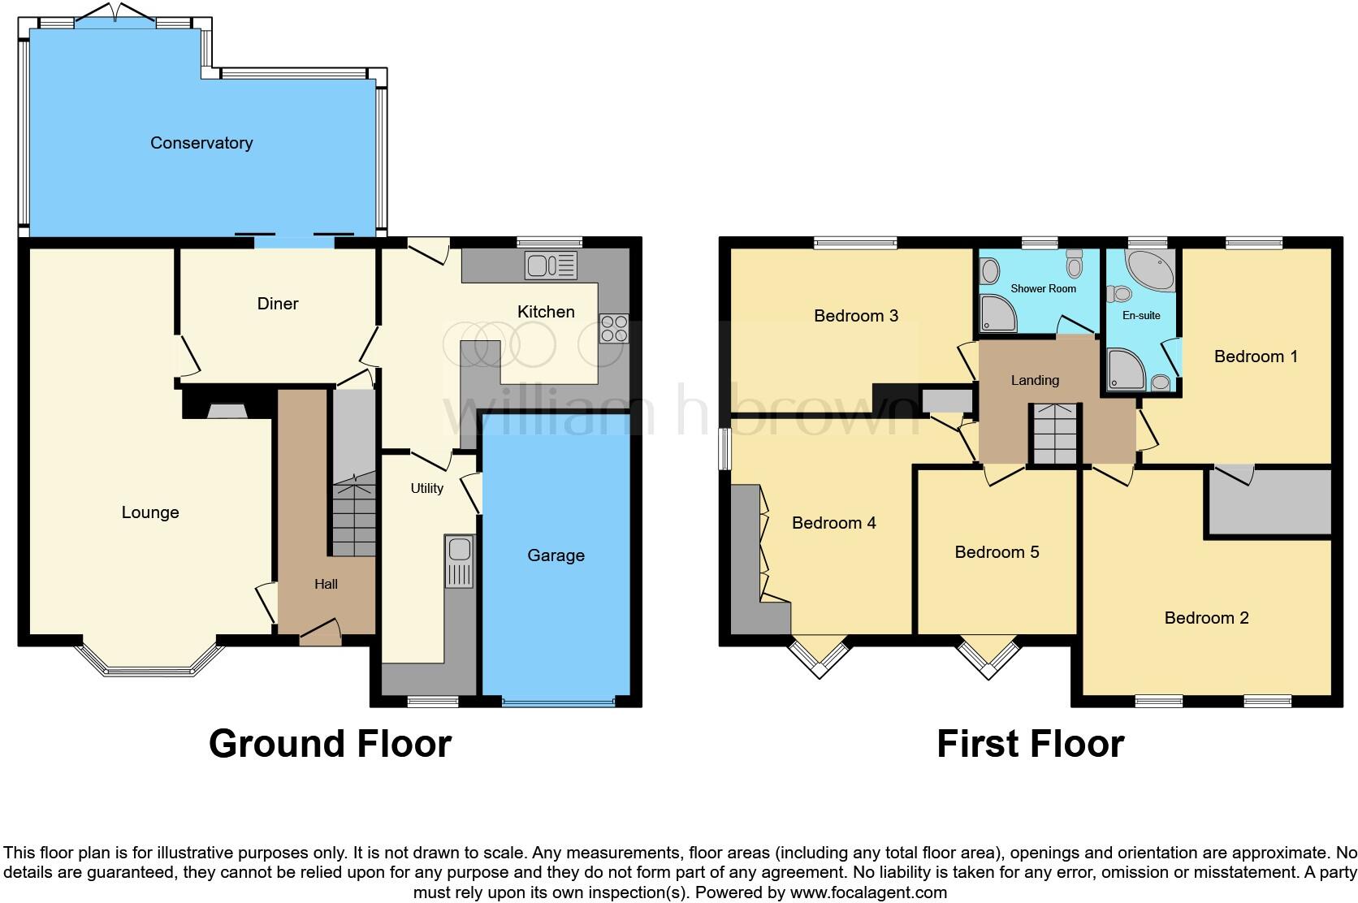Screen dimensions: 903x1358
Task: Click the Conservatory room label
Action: click(201, 143)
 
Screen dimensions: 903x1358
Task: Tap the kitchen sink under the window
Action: click(550, 265)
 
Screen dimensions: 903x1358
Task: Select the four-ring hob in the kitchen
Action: click(614, 328)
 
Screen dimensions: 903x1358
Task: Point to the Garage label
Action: click(556, 555)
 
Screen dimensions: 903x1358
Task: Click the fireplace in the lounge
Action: click(227, 412)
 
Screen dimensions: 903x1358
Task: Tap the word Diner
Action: click(278, 304)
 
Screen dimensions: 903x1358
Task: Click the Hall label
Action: click(326, 584)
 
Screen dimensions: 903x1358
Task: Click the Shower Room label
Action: click(1043, 288)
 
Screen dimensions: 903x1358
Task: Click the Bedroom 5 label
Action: click(997, 552)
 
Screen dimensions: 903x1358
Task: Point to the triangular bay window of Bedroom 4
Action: click(819, 656)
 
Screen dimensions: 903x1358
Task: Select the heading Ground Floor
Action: click(330, 744)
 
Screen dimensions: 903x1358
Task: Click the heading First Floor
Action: click(1030, 744)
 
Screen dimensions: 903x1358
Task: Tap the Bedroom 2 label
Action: click(1206, 618)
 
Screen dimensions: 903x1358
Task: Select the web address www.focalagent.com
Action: click(868, 892)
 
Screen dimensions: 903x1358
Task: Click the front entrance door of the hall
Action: click(320, 634)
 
